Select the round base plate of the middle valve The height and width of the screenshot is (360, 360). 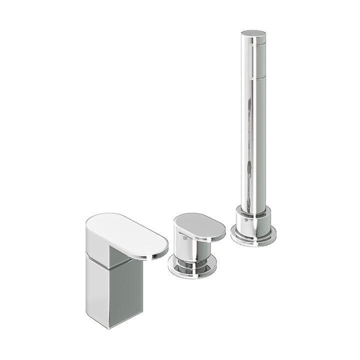tap(192, 267)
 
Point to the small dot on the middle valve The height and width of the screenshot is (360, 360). tap(184, 239)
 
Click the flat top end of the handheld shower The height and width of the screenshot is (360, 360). tap(253, 34)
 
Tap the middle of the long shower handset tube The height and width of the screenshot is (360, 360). tap(253, 125)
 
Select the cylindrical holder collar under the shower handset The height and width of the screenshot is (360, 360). tap(253, 222)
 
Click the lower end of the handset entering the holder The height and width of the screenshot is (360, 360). tap(252, 207)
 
